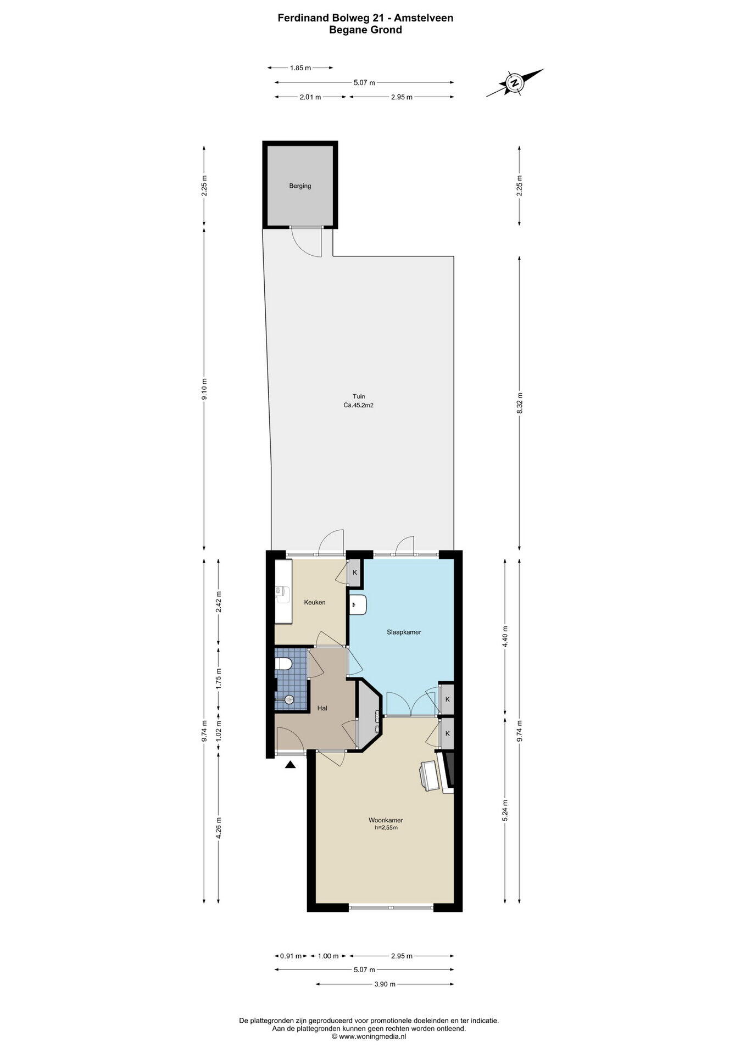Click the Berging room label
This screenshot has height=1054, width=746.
coord(300,186)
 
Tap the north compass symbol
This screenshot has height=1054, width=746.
coord(515,83)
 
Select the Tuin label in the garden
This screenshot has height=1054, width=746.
coord(359,396)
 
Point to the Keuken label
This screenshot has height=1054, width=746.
coord(315,602)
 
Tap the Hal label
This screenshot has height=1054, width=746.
coord(322,708)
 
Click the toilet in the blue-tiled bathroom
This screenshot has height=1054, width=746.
coord(282,664)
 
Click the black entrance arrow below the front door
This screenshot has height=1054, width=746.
coord(291,764)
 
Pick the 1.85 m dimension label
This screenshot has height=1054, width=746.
coord(300,68)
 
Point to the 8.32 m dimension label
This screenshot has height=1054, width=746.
coord(520,403)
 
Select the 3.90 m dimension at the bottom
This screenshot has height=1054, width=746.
coord(385,984)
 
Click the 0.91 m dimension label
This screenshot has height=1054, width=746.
coord(291,956)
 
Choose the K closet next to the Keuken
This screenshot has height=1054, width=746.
coord(355,573)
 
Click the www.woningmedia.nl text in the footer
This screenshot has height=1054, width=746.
coord(369,1037)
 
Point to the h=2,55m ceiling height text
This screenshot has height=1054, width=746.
coord(386,827)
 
